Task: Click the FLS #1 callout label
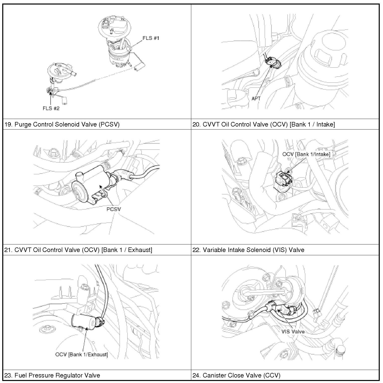point(151,38)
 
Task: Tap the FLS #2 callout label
point(51,108)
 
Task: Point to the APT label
point(256,99)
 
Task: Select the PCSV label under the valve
point(113,209)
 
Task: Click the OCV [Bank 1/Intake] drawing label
point(306,154)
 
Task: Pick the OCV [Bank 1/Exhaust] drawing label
point(82,354)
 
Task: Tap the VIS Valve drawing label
point(293,332)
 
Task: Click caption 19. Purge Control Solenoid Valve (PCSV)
point(62,124)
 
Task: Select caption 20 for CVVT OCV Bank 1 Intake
point(264,124)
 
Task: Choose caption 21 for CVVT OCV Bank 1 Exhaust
point(78,250)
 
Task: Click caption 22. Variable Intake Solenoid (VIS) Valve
point(248,250)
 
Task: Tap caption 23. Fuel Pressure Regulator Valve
point(52,375)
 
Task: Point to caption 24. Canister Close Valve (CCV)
point(236,375)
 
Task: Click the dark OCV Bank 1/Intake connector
point(284,179)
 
